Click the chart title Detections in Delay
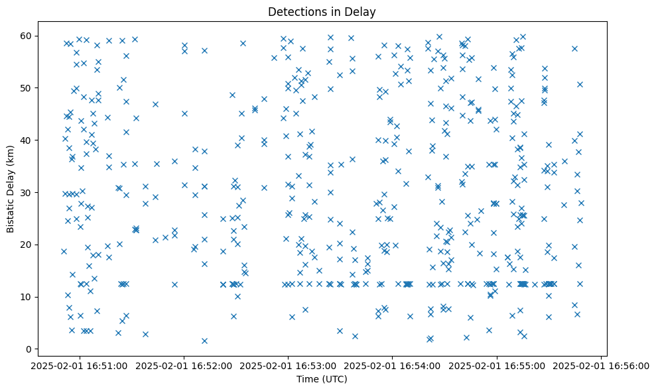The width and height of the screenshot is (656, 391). tap(322, 12)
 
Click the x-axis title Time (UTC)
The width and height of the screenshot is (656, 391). tap(322, 379)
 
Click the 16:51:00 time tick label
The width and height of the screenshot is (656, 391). tap(80, 365)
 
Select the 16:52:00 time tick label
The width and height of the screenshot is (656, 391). tap(184, 365)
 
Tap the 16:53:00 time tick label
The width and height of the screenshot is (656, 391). tap(289, 365)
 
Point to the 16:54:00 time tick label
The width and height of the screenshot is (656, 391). tap(393, 365)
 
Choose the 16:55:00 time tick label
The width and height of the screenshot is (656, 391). tap(497, 365)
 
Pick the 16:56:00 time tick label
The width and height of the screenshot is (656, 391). tap(601, 365)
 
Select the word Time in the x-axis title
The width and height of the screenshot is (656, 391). tap(308, 379)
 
